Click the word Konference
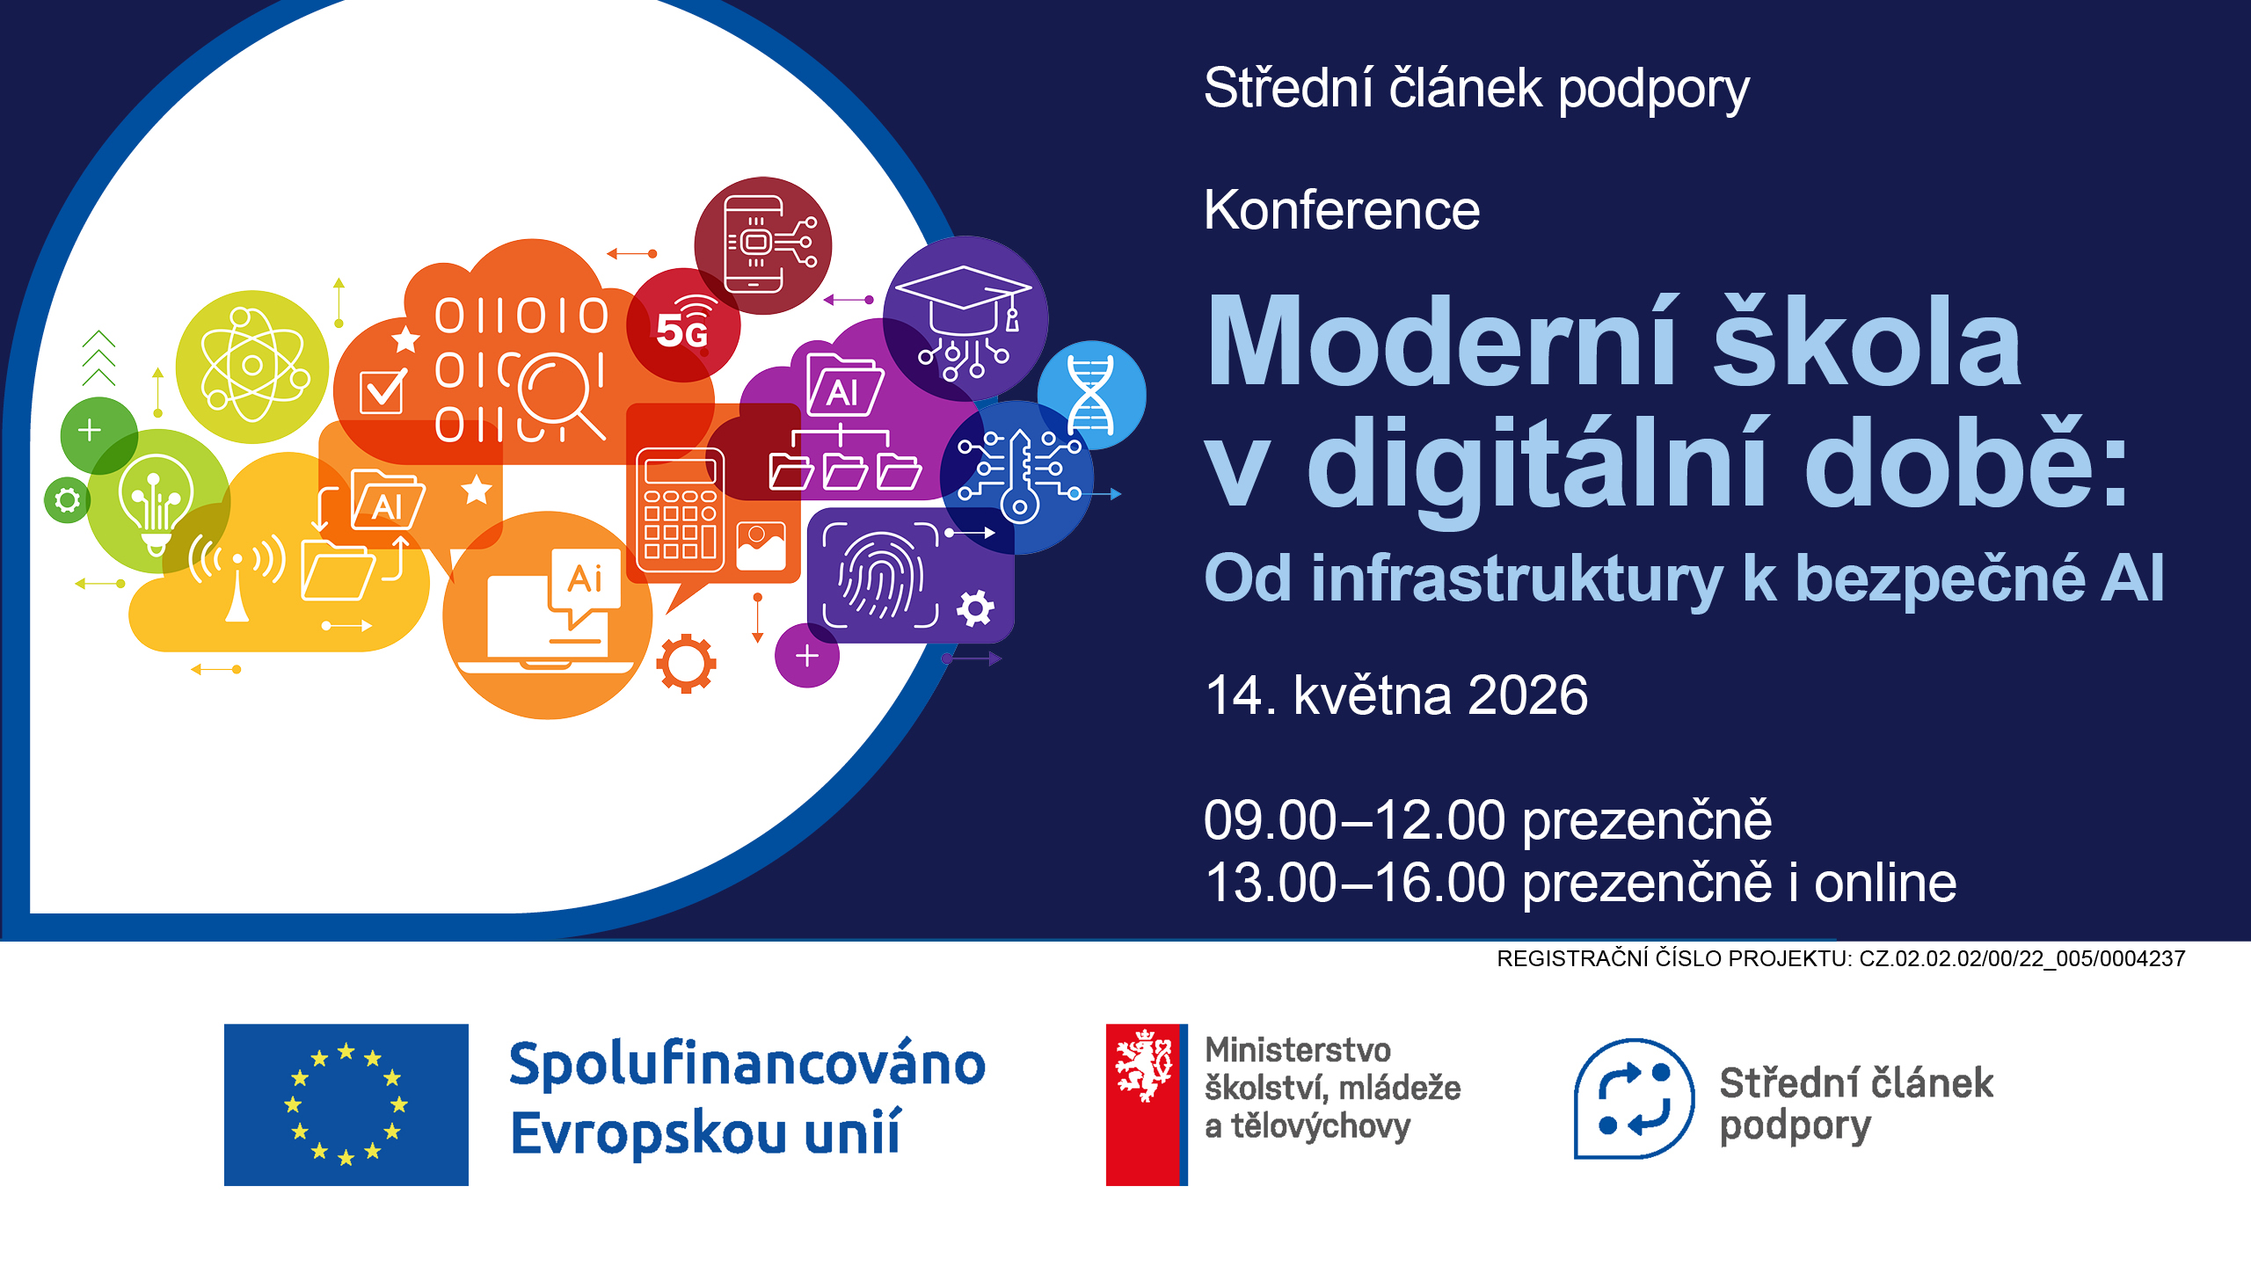point(1342,210)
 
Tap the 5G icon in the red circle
point(683,324)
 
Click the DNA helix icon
point(1090,395)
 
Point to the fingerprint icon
point(880,576)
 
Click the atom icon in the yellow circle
point(253,366)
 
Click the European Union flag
point(346,1104)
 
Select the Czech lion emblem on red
point(1142,1066)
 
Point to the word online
point(1885,883)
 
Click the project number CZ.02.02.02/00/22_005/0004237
point(2022,958)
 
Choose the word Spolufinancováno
point(747,1065)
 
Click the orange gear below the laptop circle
point(686,663)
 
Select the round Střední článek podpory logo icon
point(1634,1099)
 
